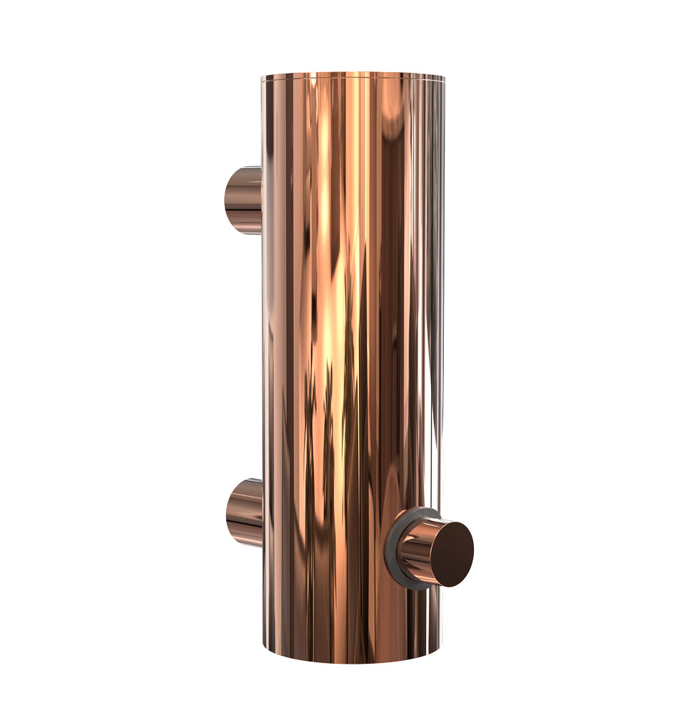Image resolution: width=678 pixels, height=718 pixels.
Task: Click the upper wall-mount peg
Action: [x=243, y=199]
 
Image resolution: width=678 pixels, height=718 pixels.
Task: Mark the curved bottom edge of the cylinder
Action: [x=353, y=662]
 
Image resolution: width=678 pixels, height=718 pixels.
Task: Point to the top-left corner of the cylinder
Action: [x=262, y=77]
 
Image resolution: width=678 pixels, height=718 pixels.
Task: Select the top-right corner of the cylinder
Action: [x=443, y=77]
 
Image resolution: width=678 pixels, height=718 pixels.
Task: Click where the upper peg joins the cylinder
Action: [x=260, y=199]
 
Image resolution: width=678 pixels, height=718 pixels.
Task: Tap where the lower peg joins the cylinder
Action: [x=262, y=512]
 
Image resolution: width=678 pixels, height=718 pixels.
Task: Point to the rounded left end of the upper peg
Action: [x=227, y=199]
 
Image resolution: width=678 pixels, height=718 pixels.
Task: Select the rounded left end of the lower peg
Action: [x=228, y=512]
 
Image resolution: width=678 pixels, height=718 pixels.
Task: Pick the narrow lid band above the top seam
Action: [x=353, y=76]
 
